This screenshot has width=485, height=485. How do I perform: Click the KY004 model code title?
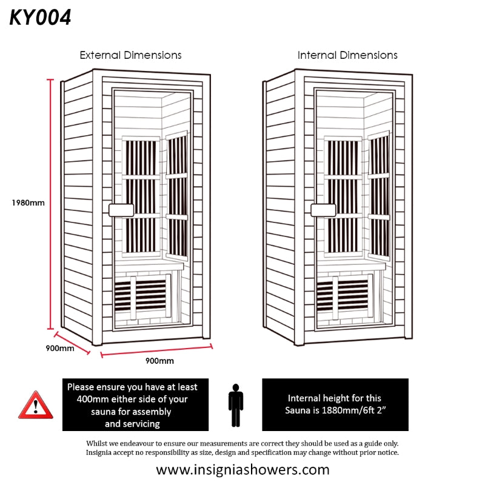coord(40,18)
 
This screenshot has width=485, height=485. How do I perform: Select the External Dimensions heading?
coord(130,55)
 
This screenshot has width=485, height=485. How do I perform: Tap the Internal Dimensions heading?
coord(347,55)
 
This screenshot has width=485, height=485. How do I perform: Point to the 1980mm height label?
coord(28,203)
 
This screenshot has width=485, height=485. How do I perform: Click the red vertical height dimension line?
coord(52,203)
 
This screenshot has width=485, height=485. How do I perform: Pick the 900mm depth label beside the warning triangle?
coord(60,349)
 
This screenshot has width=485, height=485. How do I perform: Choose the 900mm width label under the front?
coord(160,361)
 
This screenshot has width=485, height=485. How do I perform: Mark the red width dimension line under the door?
coord(156,351)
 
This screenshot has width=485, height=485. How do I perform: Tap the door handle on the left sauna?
coord(120,210)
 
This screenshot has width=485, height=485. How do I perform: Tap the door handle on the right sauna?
coord(323,210)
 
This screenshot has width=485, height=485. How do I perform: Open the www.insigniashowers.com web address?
coord(242,469)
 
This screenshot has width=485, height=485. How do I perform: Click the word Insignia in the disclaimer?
coord(101,452)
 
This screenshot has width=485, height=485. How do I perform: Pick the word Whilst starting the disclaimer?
coord(98,443)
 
